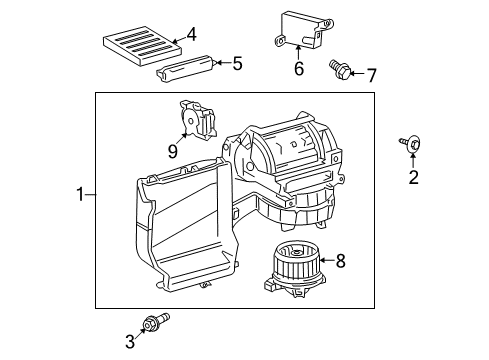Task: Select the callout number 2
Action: (x=412, y=177)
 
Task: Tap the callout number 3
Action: (x=130, y=341)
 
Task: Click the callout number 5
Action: (x=237, y=64)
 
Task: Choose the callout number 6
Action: (x=298, y=69)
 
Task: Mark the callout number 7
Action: (x=371, y=74)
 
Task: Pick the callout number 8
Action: (x=340, y=261)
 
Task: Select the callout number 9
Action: (x=172, y=153)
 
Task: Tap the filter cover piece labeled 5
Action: (x=187, y=68)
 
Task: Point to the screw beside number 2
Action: (x=411, y=145)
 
